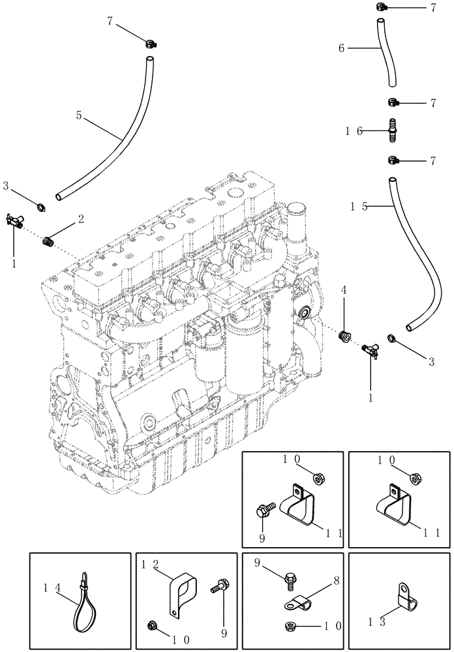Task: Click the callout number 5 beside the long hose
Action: coord(79,115)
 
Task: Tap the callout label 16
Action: coord(355,131)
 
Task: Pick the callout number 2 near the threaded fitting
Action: coord(81,219)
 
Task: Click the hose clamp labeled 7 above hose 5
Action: coord(151,45)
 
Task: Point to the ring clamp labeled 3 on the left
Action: coord(42,209)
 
